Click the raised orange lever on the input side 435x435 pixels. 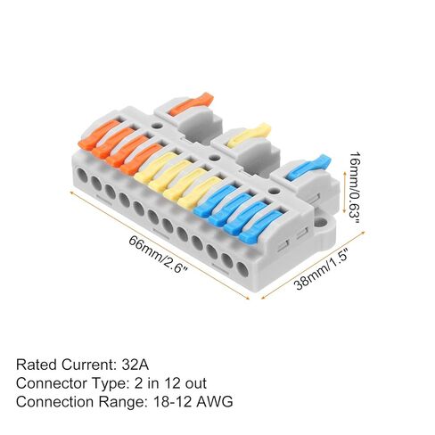tap(191, 104)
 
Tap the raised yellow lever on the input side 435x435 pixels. tap(250, 135)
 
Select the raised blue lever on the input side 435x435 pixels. tap(309, 167)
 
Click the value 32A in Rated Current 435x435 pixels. tap(135, 365)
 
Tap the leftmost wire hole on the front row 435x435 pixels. tap(82, 176)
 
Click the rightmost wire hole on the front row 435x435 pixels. tap(242, 270)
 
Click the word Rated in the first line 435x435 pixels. tap(37, 365)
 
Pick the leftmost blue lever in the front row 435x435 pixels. tap(214, 199)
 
